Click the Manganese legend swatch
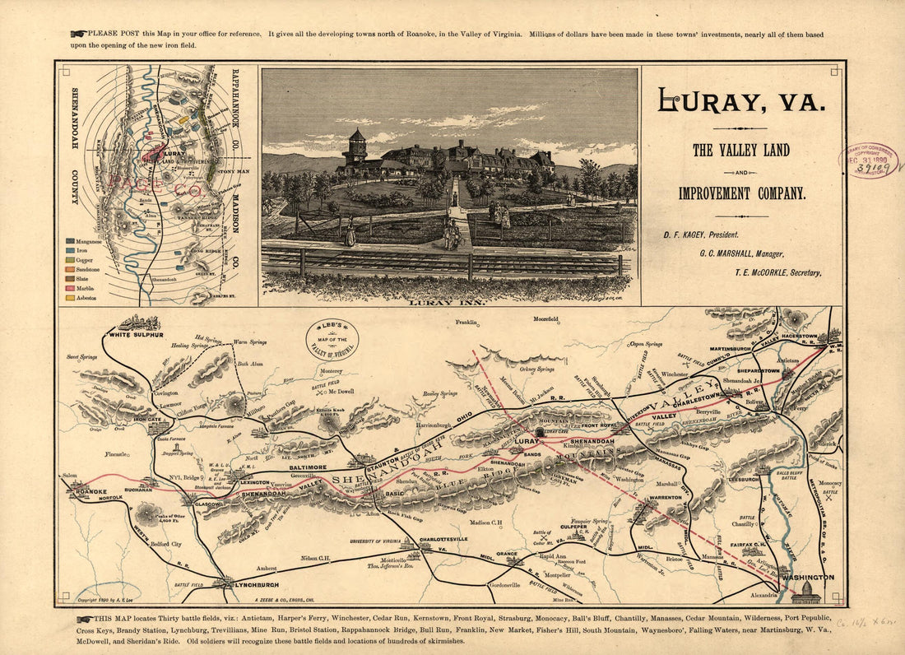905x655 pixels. [70, 241]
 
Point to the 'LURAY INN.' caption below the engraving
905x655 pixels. [448, 302]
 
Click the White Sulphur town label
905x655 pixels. [137, 336]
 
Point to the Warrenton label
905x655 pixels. [666, 498]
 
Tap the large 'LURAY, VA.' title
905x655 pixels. [740, 101]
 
